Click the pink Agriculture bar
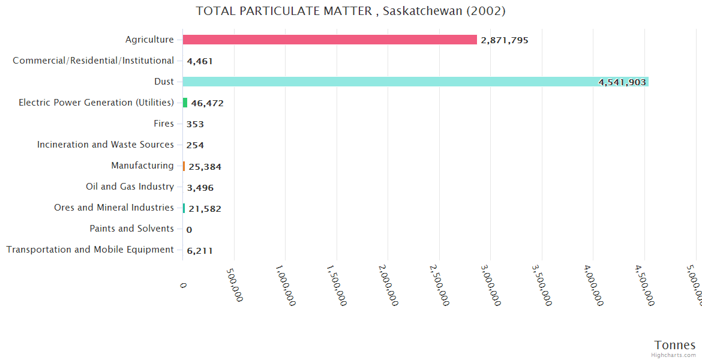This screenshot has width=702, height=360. (329, 40)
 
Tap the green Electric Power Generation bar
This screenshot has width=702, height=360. (185, 103)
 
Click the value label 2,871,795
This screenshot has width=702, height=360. (504, 40)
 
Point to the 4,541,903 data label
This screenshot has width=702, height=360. (622, 82)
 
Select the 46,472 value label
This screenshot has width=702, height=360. (207, 103)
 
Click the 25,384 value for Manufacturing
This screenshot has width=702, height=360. (205, 166)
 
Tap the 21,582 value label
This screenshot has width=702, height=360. (205, 209)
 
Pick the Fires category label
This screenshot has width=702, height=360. (164, 124)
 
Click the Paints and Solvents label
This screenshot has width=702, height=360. (132, 229)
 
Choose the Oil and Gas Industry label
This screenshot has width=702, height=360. (130, 187)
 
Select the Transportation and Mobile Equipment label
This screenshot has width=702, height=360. (90, 250)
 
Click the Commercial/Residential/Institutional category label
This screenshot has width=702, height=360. (93, 61)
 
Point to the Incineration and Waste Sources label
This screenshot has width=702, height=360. (106, 145)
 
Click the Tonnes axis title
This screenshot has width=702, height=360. (674, 345)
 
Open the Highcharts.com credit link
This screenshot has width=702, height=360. (674, 355)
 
